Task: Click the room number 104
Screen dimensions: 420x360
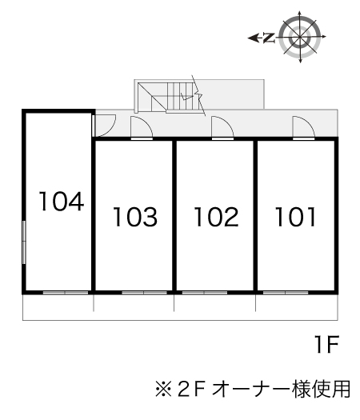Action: coord(61,201)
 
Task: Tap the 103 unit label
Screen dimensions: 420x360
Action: coord(134,217)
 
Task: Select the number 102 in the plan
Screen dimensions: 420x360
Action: coord(215,217)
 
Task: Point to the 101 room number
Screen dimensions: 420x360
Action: coord(296,217)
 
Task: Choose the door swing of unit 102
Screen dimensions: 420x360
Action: coord(222,129)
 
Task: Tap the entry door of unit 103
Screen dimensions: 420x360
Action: coord(142,129)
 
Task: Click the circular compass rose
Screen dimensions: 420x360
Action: coord(303,37)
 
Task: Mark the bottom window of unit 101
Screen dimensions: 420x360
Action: coord(286,293)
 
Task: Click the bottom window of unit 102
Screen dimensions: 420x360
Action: coord(205,293)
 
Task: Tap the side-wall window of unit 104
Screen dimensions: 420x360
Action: coord(24,244)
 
